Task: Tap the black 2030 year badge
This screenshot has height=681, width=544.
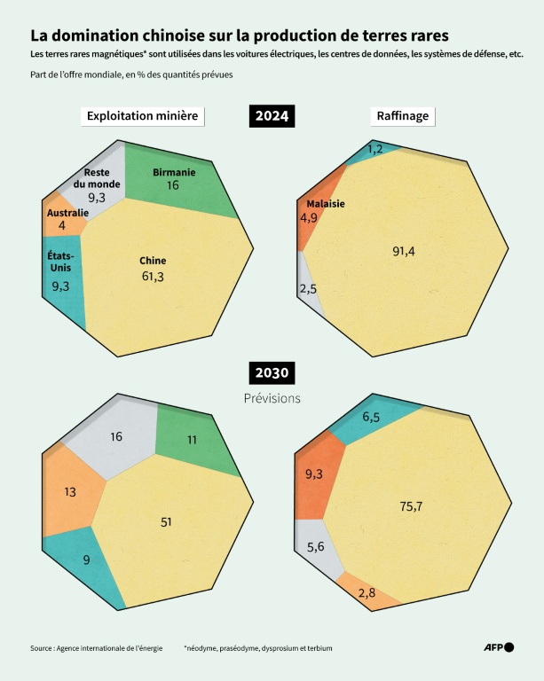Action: (x=272, y=372)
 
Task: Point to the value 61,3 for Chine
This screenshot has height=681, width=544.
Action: (x=152, y=277)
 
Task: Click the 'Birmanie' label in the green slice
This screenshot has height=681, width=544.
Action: (x=173, y=171)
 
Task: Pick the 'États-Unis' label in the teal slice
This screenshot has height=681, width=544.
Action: (x=61, y=262)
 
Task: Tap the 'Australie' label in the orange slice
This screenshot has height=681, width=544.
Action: (x=67, y=213)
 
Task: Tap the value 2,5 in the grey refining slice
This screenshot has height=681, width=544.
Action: (x=308, y=289)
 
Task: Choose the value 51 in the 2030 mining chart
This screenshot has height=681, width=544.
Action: (x=166, y=522)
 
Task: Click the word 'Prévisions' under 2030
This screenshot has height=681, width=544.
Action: (x=272, y=399)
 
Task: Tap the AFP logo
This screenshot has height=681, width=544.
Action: (x=498, y=647)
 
